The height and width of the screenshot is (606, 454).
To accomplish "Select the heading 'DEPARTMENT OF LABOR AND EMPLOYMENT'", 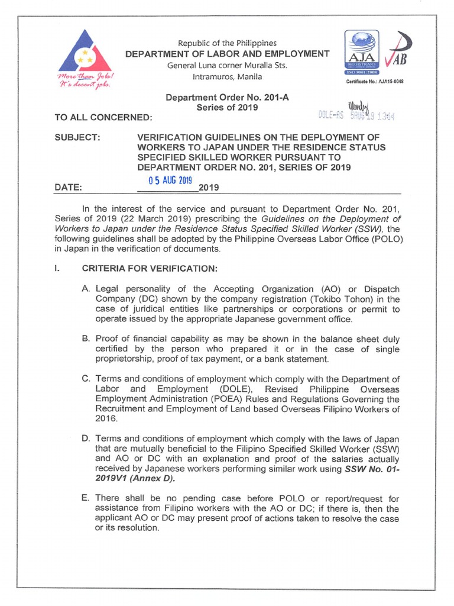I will pos(227,54).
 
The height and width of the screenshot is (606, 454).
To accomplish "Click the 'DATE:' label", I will pos(68,188).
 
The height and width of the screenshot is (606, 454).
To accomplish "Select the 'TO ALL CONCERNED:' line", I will pos(103,118).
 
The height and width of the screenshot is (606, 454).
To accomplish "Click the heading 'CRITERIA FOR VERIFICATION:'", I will pos(150,269).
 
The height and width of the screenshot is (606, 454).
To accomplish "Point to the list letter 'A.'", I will pos(86,288).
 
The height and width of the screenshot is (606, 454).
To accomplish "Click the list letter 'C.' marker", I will pos(86,379).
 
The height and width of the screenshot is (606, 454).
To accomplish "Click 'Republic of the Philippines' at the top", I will pos(227,43).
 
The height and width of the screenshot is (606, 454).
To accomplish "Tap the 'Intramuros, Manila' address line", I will pos(227,76).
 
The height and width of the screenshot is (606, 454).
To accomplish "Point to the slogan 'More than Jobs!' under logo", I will pos(83,78).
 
